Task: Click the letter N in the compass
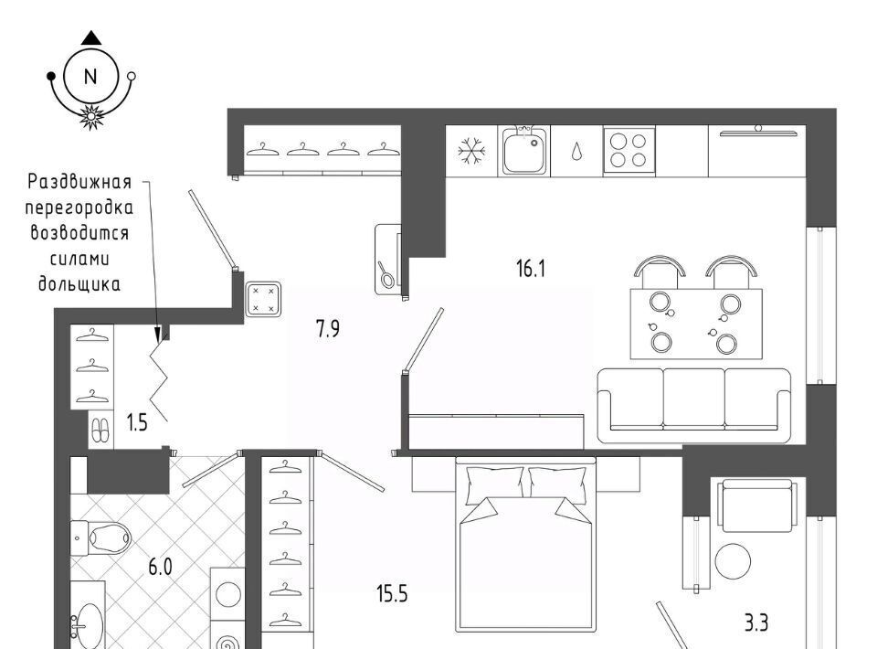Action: (x=90, y=76)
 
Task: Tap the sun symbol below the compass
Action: (x=90, y=116)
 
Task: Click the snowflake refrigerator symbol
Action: (x=471, y=151)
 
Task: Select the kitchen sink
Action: (x=524, y=151)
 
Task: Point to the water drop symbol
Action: (x=576, y=152)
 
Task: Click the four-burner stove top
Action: (x=629, y=151)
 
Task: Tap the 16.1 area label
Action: (x=530, y=269)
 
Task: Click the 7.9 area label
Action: (x=328, y=328)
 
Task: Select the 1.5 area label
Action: (x=137, y=422)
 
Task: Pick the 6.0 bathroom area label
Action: (x=160, y=568)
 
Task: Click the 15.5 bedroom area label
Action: (x=392, y=593)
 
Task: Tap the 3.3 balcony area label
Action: (x=756, y=622)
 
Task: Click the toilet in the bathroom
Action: (x=100, y=538)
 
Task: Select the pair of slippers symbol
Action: (x=100, y=431)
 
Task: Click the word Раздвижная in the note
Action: (x=79, y=182)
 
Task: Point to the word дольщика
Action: (x=79, y=283)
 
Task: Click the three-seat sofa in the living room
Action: (x=694, y=406)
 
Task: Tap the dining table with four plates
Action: (x=696, y=324)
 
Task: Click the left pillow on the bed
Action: (x=494, y=483)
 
